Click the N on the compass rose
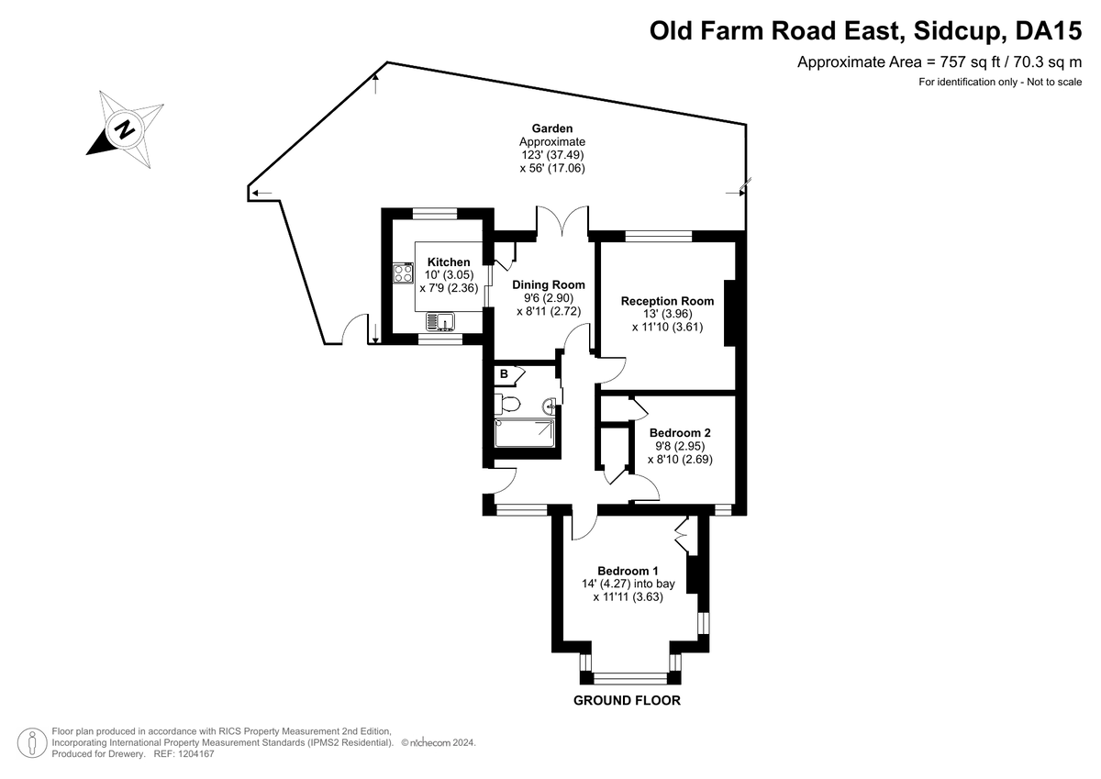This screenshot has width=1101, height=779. tap(125, 129)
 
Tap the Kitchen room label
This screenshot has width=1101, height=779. tap(449, 262)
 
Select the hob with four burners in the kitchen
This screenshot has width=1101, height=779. tap(403, 273)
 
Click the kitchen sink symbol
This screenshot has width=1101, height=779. tap(440, 321)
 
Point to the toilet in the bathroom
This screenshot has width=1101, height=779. tap(507, 404)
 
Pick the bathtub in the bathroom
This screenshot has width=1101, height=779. tap(525, 433)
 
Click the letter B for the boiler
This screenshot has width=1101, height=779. tap(504, 374)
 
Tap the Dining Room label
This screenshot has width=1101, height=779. tap(549, 284)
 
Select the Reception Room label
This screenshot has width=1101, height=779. tap(667, 301)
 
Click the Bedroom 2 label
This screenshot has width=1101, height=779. tap(680, 432)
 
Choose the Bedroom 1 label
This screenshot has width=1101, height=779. tap(628, 571)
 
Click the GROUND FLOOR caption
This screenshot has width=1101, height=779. tap(627, 700)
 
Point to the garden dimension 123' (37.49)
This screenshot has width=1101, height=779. tap(552, 155)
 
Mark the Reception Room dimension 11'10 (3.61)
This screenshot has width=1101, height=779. tap(667, 327)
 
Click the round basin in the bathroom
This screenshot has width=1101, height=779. tap(549, 406)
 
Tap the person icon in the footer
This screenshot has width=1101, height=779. tap(32, 742)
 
